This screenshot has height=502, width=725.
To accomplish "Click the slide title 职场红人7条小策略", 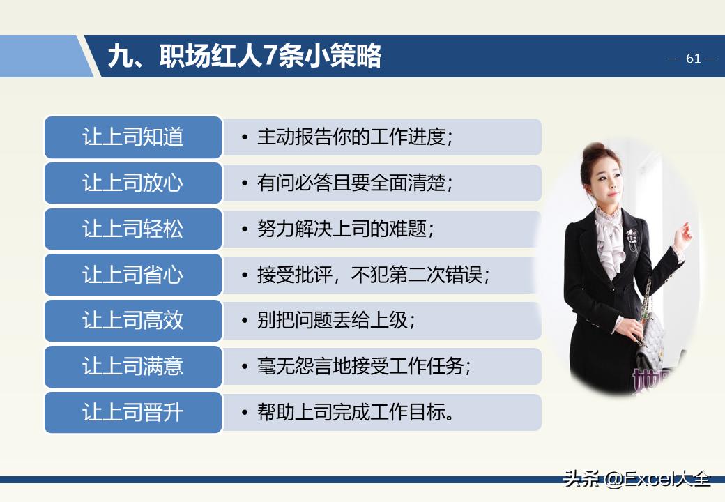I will (x=244, y=56).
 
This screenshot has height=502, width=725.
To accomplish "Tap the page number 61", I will (x=693, y=59).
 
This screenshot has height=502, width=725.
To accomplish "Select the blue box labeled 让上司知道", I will (x=133, y=137).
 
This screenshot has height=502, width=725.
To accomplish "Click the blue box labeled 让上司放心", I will (x=133, y=183).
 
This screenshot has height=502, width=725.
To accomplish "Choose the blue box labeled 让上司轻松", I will (x=133, y=229).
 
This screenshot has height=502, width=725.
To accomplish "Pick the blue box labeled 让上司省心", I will (x=133, y=275).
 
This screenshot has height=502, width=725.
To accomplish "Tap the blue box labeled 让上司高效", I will (x=133, y=321).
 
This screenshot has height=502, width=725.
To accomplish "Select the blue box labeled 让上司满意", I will (x=133, y=367).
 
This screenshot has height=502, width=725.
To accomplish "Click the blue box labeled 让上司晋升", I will (x=133, y=413).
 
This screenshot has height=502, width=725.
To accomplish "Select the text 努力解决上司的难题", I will (x=345, y=229).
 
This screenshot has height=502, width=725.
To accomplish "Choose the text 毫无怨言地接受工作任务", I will (x=363, y=367).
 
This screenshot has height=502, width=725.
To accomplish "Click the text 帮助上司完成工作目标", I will (x=356, y=413).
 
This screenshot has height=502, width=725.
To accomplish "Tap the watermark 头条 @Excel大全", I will (x=637, y=479).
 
